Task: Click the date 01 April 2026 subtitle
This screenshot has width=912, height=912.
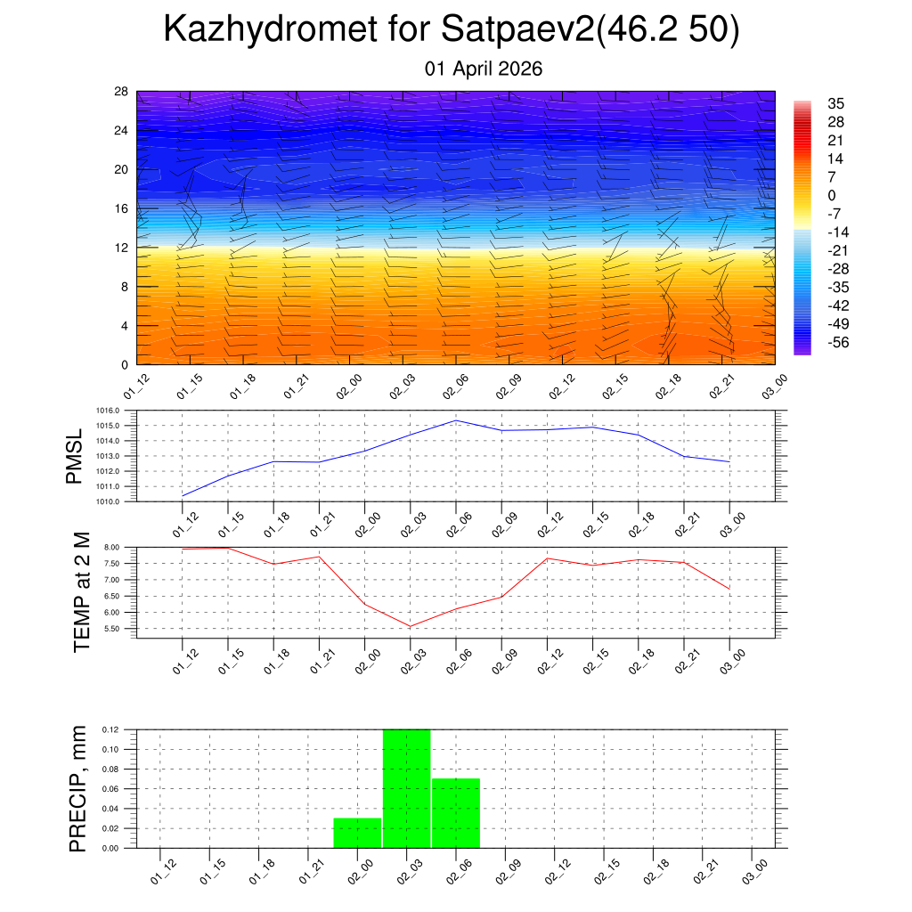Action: pyautogui.click(x=484, y=69)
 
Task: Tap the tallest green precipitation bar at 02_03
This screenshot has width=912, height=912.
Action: pyautogui.click(x=407, y=788)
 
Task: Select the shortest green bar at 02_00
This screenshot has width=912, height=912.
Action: pyautogui.click(x=357, y=833)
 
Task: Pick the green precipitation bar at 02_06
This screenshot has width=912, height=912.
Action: pyautogui.click(x=456, y=812)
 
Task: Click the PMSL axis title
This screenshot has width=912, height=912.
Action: pyautogui.click(x=74, y=457)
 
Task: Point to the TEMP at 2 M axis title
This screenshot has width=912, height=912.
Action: pyautogui.click(x=82, y=592)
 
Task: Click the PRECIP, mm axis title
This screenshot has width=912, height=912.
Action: pyautogui.click(x=78, y=788)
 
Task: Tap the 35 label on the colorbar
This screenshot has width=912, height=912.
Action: pyautogui.click(x=835, y=103)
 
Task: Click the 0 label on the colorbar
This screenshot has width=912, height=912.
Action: pyautogui.click(x=832, y=195)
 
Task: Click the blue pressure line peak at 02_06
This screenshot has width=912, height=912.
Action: pyautogui.click(x=456, y=420)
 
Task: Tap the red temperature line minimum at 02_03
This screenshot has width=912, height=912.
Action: pyautogui.click(x=411, y=626)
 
